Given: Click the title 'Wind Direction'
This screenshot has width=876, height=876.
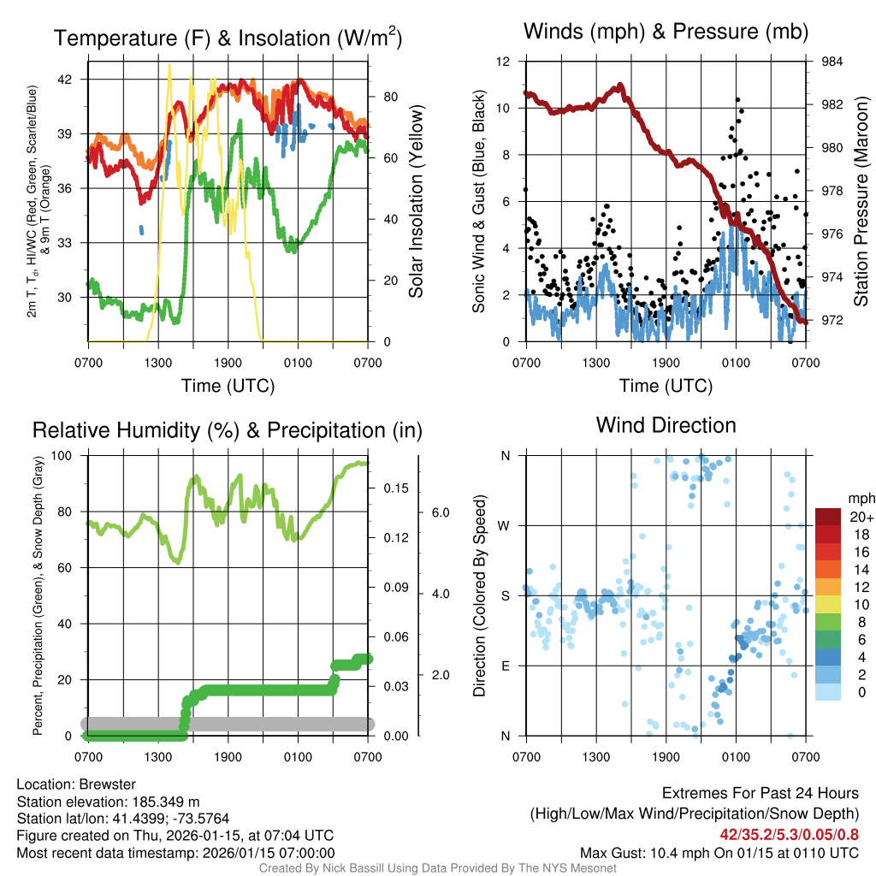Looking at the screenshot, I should point(666,425).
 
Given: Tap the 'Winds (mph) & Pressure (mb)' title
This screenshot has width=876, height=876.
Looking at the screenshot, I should point(666,33).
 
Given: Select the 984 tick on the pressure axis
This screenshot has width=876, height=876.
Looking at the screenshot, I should point(832,62).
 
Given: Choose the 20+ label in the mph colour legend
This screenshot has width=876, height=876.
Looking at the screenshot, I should point(861,517).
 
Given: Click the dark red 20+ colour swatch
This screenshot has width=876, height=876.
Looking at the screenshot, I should point(829,517).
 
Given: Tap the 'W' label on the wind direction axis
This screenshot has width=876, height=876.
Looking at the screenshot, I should point(506,525).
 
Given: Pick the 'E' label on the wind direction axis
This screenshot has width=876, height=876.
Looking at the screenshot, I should point(506,666).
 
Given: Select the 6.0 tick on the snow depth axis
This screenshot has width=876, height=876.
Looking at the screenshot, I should point(440,512).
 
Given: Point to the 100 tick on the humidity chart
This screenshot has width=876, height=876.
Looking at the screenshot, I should point(66,455).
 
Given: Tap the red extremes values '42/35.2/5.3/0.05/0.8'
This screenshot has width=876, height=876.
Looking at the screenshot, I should point(788,833).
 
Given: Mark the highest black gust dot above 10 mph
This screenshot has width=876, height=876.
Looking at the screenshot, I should point(737,99).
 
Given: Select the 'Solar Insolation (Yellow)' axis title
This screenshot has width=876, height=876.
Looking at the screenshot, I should point(416,202).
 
